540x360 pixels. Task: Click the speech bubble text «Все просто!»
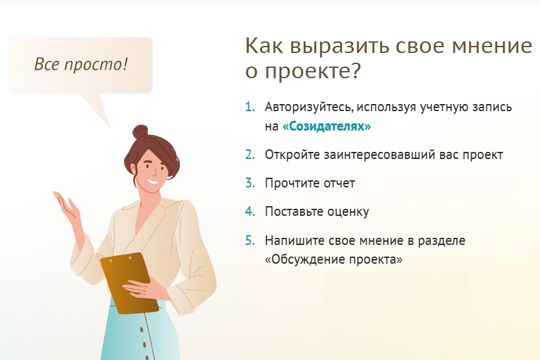81,65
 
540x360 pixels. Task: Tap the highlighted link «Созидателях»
327,126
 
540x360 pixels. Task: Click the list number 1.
250,107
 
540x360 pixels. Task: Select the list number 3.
250,183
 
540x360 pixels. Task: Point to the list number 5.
250,240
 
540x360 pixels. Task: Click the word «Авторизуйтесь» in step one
309,107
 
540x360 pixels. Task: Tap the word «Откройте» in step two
292,155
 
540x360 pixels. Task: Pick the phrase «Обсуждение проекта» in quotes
334,259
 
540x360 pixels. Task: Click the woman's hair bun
140,131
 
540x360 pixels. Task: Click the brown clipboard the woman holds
129,283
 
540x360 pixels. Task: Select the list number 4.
250,211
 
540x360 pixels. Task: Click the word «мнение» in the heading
491,46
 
